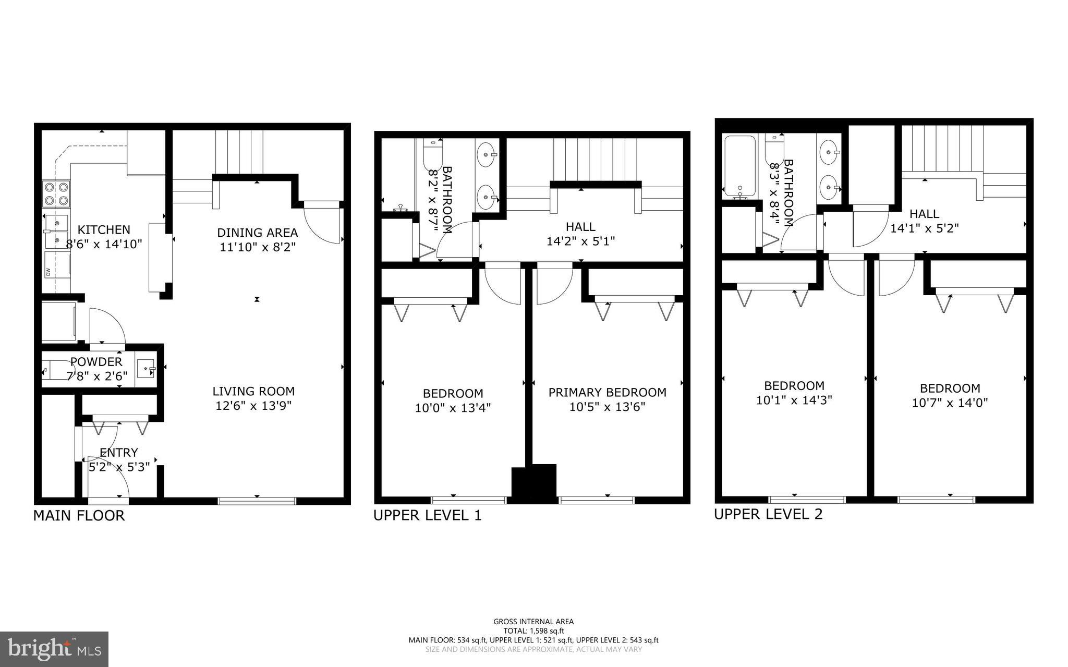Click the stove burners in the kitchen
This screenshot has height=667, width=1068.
[56, 193]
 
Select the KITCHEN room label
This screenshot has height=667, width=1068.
[104, 230]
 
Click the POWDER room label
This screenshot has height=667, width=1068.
[96, 362]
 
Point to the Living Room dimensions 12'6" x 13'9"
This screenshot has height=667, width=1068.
[253, 406]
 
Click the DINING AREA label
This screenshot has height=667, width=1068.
[257, 233]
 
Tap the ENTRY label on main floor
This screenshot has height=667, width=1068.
[119, 453]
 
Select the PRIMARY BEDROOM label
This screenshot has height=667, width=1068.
[607, 393]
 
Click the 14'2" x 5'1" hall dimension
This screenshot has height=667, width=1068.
[580, 241]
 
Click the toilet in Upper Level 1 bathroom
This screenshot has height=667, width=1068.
[432, 154]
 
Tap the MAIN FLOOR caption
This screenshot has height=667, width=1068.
[79, 516]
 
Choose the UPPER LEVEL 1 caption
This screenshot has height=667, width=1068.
[427, 515]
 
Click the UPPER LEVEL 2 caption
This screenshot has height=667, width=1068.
[768, 514]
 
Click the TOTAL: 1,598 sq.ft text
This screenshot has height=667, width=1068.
[533, 631]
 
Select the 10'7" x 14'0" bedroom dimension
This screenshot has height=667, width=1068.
[950, 403]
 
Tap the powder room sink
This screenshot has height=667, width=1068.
[146, 368]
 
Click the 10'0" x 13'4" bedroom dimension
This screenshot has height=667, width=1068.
[453, 408]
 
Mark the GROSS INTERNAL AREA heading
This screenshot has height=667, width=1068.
[533, 622]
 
